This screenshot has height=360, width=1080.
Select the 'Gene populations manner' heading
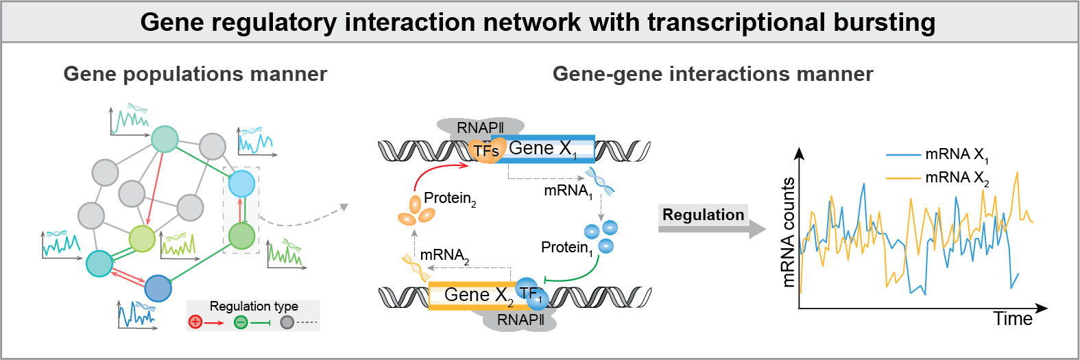click(195, 74)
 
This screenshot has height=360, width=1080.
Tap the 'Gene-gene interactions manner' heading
click(712, 74)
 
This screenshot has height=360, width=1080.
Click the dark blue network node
click(158, 288)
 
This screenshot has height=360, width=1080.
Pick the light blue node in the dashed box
click(241, 184)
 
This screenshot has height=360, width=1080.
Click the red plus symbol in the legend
click(195, 322)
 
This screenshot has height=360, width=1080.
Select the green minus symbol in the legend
click(241, 322)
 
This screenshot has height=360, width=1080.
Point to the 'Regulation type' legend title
click(254, 307)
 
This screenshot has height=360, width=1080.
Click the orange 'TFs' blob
click(486, 150)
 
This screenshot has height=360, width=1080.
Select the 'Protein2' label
click(450, 199)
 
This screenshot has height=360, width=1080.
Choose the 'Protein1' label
click(567, 248)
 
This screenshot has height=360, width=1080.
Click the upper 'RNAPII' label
click(480, 128)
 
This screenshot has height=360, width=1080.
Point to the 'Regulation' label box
click(703, 215)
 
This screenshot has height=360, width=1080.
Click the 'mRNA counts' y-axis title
click(788, 232)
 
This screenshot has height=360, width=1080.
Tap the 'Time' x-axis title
click(1013, 319)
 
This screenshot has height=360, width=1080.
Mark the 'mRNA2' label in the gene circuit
click(444, 255)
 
